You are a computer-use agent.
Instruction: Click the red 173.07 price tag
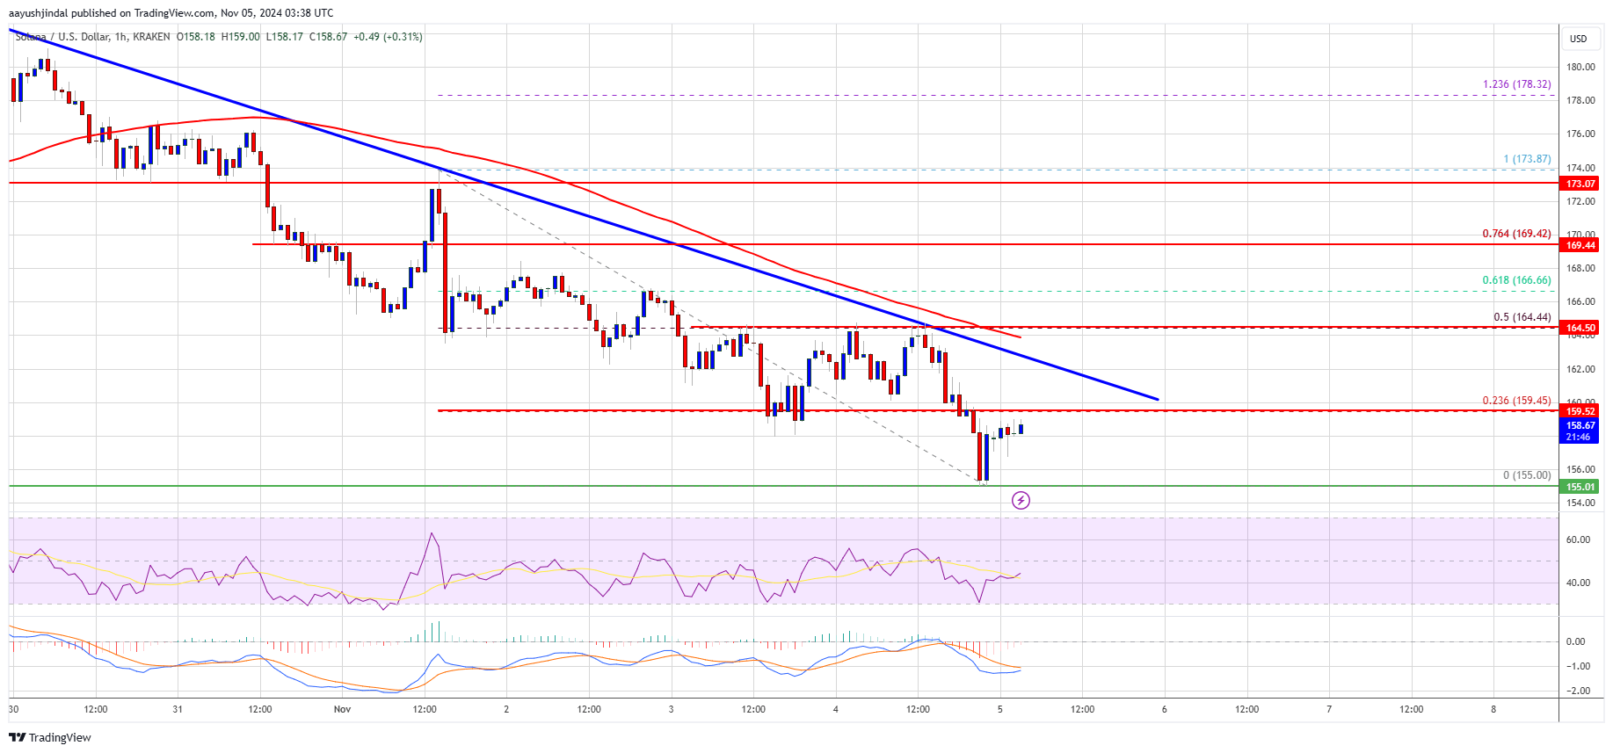[x=1580, y=184]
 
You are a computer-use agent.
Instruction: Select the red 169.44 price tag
[x=1580, y=245]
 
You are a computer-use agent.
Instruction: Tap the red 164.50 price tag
[x=1580, y=328]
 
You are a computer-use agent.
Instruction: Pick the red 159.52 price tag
[x=1580, y=411]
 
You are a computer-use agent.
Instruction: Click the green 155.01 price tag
[x=1580, y=487]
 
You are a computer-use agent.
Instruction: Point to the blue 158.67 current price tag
[x=1580, y=425]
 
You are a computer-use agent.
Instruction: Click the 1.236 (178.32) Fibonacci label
[x=1516, y=84]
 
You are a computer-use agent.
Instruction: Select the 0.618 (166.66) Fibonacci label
[x=1516, y=280]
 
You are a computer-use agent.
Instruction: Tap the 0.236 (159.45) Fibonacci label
[x=1516, y=401]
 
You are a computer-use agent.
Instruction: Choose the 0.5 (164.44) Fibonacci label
[x=1522, y=317]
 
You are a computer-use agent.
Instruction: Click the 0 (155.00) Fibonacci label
[x=1527, y=475]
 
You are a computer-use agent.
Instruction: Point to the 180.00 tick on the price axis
[x=1580, y=67]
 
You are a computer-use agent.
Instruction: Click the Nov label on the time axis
[x=342, y=709]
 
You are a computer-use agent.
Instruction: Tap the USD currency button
[x=1579, y=39]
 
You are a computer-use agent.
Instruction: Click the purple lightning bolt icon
[x=1021, y=501]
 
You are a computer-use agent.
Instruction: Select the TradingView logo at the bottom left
[x=50, y=737]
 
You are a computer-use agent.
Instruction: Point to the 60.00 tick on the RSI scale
[x=1578, y=539]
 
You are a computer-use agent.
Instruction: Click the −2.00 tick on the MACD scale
[x=1578, y=691]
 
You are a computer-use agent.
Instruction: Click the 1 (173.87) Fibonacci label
[x=1527, y=159]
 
